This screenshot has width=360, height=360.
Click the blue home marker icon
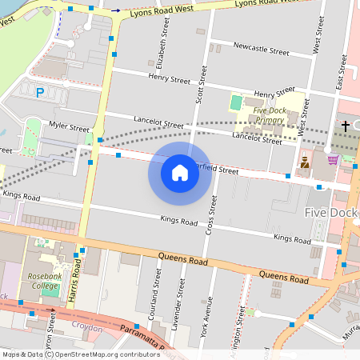(x=180, y=173)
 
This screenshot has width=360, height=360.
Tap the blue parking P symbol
(x=40, y=93)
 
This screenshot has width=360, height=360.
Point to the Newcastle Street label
(x=261, y=49)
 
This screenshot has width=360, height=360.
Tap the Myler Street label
(x=69, y=127)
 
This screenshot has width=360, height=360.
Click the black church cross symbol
(x=346, y=126)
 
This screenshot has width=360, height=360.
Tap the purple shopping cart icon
(x=333, y=159)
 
